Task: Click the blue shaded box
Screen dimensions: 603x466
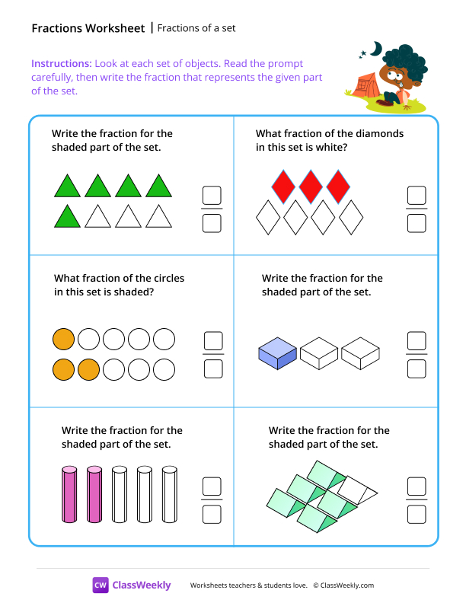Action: coord(277,354)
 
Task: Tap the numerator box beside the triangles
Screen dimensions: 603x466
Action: coord(212,195)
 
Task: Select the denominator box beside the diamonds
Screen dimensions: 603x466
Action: coord(417,223)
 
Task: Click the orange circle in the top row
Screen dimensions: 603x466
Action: coord(63,339)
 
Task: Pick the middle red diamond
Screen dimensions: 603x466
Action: coord(311,187)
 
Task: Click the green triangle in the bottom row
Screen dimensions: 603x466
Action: coord(68,216)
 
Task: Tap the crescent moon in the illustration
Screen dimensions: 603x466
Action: coord(375,48)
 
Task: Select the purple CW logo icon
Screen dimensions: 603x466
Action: coord(101,585)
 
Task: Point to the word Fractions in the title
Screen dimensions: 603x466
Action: coord(55,28)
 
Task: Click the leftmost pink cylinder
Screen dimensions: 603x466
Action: coord(69,494)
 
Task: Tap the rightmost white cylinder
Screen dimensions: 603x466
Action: coord(168,494)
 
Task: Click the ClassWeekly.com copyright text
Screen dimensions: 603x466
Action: coord(343,585)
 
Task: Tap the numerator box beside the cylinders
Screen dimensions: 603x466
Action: coord(212,486)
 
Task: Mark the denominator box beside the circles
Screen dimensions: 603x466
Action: coord(213,368)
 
